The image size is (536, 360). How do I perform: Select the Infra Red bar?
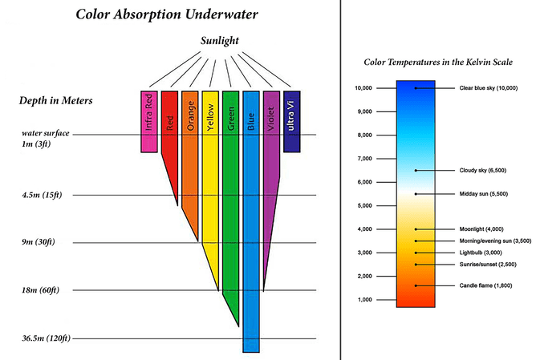148,120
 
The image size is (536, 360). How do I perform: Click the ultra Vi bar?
291,120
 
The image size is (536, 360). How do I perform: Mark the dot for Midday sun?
416,194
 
